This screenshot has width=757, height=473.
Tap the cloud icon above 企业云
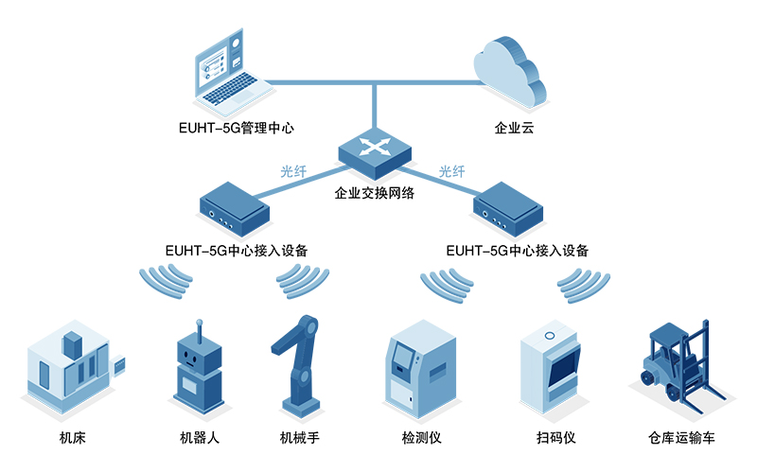pos(510,72)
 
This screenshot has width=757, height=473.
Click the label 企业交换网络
pos(376,194)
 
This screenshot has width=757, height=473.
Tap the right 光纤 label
pos(452,172)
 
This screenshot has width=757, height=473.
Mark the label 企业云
pos(514,127)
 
